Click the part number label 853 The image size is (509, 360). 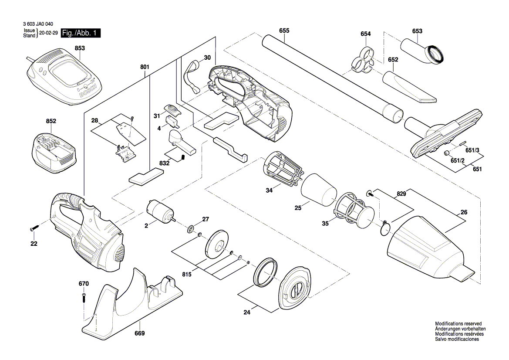point(80,48)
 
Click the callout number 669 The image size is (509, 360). point(139,333)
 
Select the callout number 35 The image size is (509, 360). point(325,224)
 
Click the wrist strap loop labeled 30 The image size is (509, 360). point(192,77)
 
